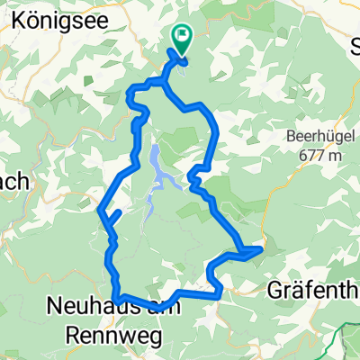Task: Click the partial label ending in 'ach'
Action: click(x=15, y=181)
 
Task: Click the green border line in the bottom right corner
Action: click(x=347, y=334)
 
